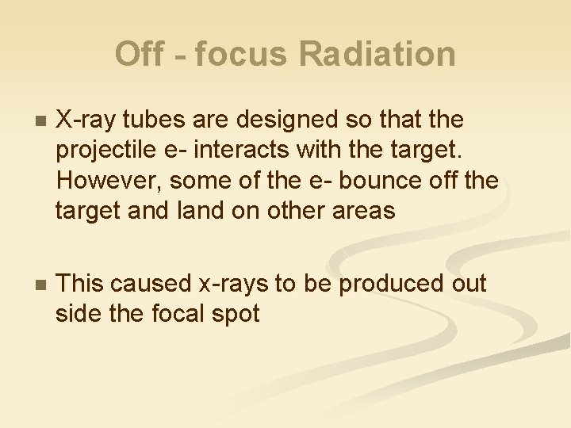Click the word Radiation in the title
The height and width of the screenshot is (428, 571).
tap(377, 55)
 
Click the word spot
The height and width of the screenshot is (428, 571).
tap(234, 314)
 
